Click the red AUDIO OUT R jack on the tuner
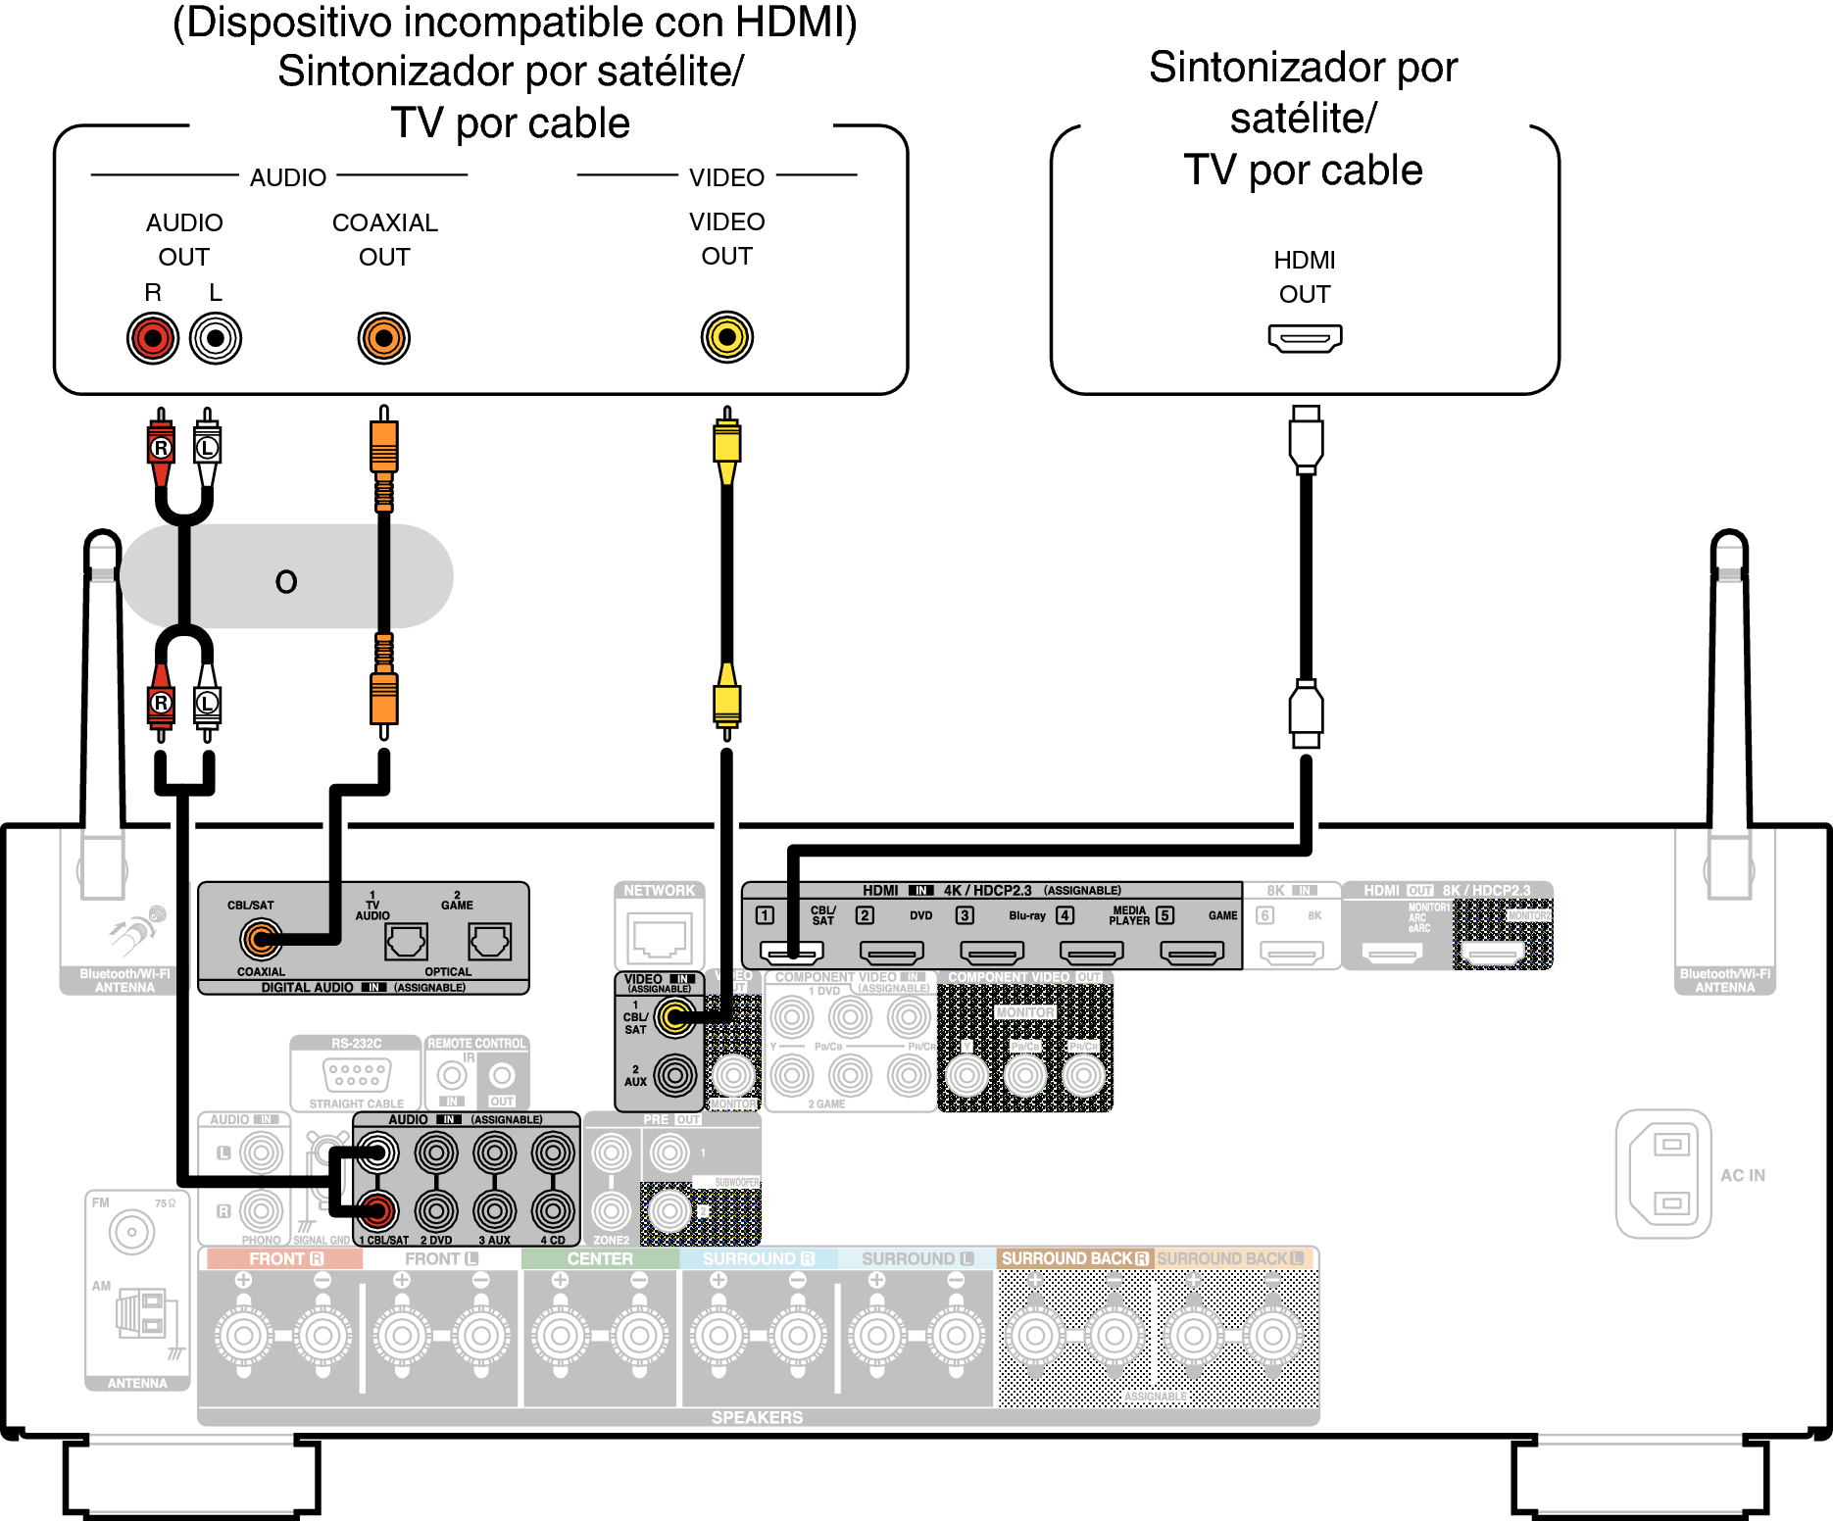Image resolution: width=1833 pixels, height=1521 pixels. [153, 338]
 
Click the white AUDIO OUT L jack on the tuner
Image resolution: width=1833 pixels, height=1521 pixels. [216, 338]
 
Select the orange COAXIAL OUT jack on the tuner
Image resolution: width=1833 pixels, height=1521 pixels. [383, 338]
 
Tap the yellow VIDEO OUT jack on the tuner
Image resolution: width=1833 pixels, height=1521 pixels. [726, 337]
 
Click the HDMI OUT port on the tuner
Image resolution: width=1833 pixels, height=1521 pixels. [1305, 338]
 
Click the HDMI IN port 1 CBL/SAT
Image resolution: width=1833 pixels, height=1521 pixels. [792, 951]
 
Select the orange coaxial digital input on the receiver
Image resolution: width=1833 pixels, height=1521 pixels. [261, 940]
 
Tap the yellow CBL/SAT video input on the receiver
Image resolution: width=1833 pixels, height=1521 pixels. [674, 1017]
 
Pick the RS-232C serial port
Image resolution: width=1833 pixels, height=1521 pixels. [357, 1074]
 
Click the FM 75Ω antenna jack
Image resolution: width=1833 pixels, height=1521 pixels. [132, 1231]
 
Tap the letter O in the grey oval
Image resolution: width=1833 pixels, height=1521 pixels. [286, 582]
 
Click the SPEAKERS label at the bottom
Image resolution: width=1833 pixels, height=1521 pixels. [757, 1417]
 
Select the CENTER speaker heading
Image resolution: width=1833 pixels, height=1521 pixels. [600, 1259]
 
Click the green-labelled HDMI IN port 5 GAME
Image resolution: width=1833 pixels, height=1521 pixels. [1191, 951]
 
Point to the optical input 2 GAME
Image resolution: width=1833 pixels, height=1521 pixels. [489, 942]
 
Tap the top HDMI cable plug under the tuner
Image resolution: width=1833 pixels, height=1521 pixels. [1306, 438]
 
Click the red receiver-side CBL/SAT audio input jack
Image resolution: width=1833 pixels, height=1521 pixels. [377, 1210]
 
